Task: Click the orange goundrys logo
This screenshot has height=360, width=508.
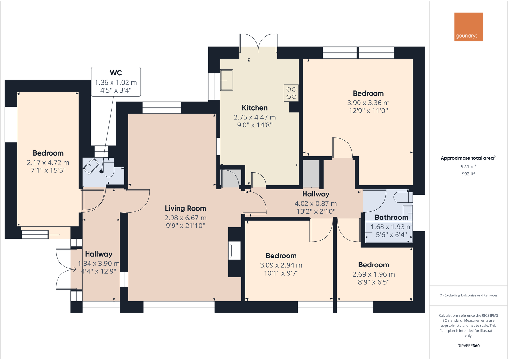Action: pos(468,27)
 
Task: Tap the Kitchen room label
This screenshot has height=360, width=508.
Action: pos(255,108)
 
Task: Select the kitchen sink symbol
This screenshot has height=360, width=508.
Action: pos(227,80)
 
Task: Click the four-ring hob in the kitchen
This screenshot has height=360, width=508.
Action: pos(291,93)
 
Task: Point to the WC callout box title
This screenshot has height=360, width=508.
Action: pos(116,73)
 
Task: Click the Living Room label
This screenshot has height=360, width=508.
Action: pos(185,208)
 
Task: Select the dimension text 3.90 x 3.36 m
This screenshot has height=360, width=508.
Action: pos(368,103)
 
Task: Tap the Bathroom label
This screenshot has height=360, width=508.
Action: pos(391,218)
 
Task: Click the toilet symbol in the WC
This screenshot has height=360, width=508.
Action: pos(108,168)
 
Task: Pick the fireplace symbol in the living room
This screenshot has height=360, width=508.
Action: pos(234,250)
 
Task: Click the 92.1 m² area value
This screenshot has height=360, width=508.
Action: pos(468,167)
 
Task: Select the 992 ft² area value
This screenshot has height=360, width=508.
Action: pos(468,174)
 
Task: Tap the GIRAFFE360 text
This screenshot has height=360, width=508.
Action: pos(468,346)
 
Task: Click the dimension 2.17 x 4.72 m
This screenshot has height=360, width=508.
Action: pos(48,163)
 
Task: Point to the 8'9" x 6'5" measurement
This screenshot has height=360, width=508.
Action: pos(373,282)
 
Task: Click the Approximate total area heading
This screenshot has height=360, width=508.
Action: pos(467,158)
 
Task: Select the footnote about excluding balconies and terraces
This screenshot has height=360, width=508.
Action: pos(468,295)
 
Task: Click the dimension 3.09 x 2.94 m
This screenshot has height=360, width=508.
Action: pos(281,265)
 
